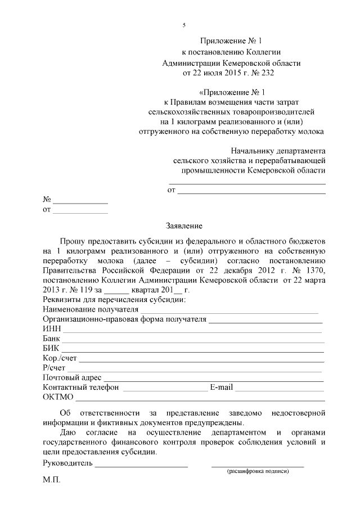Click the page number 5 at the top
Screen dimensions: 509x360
coord(184,25)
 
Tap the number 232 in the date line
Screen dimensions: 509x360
coord(268,73)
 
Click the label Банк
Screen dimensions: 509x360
coord(51,339)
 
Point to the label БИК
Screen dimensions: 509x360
coord(51,348)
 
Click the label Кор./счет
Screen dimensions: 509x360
coord(61,358)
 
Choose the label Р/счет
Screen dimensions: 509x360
coord(55,367)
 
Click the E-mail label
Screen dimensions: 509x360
coord(222,387)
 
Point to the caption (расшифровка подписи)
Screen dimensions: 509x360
coord(258,471)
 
